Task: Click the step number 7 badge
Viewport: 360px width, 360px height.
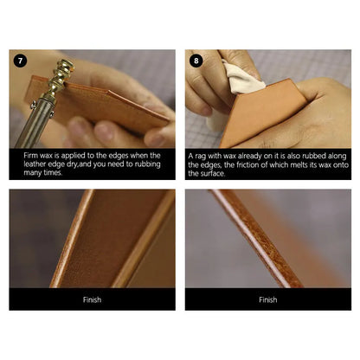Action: (20, 61)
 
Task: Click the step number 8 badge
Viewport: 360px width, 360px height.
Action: (197, 61)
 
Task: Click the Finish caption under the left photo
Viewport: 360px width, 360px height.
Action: (92, 299)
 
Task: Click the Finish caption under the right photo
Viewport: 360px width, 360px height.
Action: (268, 299)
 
